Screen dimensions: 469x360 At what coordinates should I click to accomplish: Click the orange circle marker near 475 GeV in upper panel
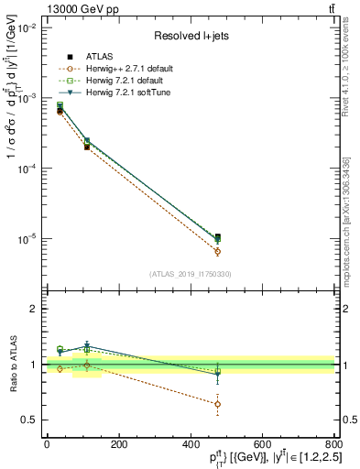pyautogui.click(x=217, y=251)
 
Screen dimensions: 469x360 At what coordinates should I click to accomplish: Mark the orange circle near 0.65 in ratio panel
pyautogui.click(x=217, y=404)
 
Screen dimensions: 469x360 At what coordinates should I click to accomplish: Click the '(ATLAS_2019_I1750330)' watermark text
pyautogui.click(x=189, y=274)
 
